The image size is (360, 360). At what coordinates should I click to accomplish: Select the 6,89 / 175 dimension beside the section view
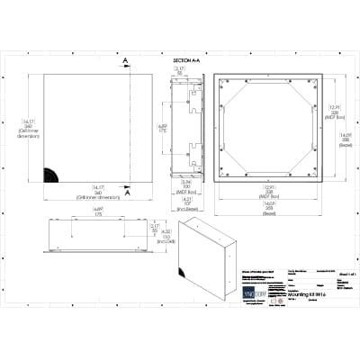162,128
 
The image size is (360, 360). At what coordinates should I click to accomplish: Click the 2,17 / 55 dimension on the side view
154,228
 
